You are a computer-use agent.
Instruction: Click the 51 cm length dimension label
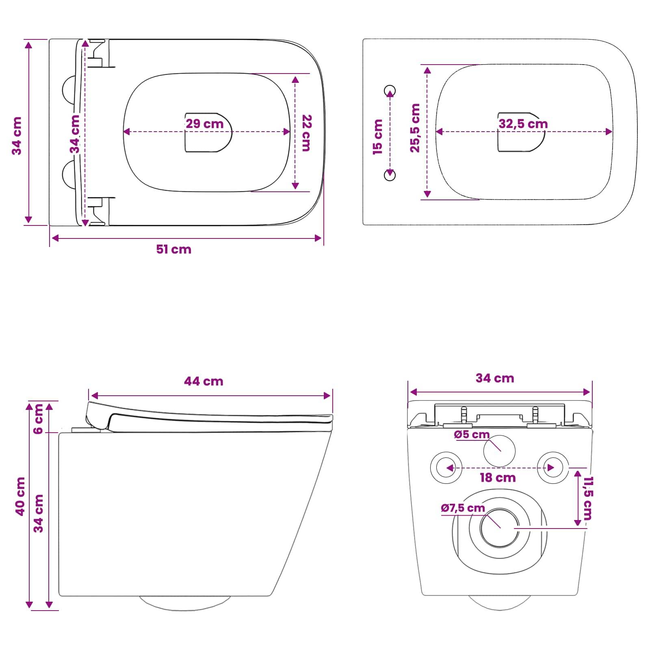[x=174, y=249]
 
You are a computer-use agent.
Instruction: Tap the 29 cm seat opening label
[x=205, y=123]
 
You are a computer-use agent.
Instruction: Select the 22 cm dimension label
[x=306, y=133]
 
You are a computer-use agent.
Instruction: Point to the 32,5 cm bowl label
[x=523, y=123]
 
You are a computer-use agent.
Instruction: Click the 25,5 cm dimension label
[x=415, y=128]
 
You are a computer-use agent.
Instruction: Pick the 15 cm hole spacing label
[x=378, y=136]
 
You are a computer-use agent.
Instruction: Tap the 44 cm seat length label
[x=204, y=381]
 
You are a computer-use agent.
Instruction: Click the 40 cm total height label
[x=20, y=496]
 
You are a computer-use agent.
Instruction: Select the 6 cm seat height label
[x=38, y=419]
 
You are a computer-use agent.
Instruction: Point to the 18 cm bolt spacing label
[x=498, y=478]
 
